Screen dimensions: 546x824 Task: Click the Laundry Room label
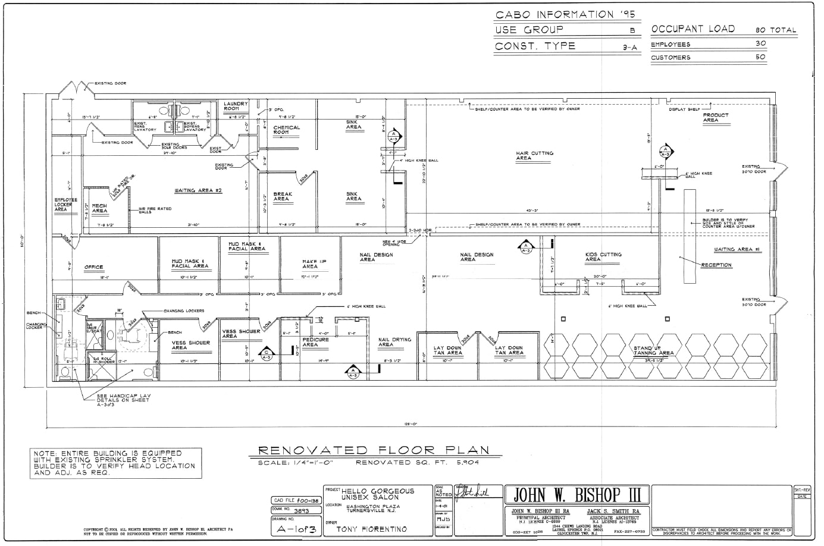click(x=231, y=106)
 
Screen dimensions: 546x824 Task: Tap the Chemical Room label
click(x=287, y=130)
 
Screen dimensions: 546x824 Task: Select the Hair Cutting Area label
click(x=534, y=155)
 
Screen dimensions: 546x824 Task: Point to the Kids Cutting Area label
click(x=603, y=257)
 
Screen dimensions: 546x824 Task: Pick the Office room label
click(x=94, y=268)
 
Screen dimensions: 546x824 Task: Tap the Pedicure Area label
click(x=315, y=342)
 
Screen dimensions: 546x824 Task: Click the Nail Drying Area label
click(x=394, y=342)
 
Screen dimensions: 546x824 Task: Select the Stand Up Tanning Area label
click(x=653, y=350)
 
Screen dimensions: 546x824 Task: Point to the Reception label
click(x=716, y=265)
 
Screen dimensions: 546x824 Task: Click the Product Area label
click(x=715, y=118)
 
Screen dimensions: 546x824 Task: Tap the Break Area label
click(x=282, y=196)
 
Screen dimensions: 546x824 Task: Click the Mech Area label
click(x=99, y=208)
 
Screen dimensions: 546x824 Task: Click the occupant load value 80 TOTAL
click(x=775, y=30)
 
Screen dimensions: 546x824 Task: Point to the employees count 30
click(x=760, y=44)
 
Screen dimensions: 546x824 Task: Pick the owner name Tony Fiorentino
click(x=372, y=529)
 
